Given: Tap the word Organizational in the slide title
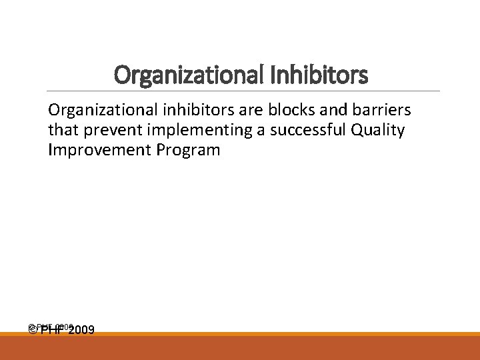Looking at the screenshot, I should point(191,75).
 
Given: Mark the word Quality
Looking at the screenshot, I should point(379,130).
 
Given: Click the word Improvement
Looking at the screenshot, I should point(100,150).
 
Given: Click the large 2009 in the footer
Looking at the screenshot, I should point(81,330).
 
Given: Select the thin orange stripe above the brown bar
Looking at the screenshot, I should point(240,335).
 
